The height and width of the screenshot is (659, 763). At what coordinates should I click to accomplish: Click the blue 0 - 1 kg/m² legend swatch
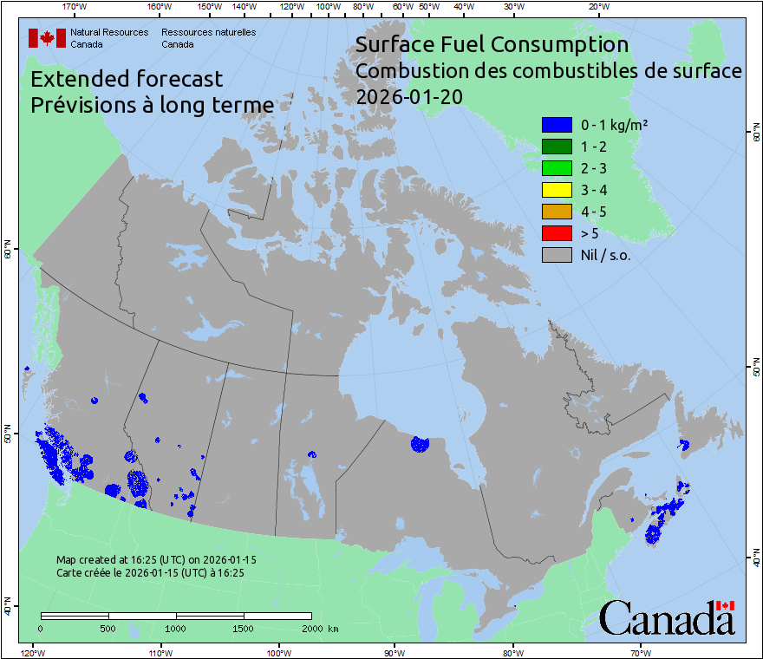pyautogui.click(x=556, y=125)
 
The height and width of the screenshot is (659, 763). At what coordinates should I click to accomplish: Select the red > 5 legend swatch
pyautogui.click(x=556, y=233)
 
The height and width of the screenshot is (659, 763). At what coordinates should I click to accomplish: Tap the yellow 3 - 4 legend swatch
pyautogui.click(x=556, y=190)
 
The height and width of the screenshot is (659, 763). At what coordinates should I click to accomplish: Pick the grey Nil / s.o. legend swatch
pyautogui.click(x=556, y=255)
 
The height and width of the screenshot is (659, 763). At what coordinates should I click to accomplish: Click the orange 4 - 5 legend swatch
pyautogui.click(x=556, y=212)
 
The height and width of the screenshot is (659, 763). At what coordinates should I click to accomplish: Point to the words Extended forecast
pyautogui.click(x=127, y=79)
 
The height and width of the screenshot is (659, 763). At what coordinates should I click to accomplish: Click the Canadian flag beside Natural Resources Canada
pyautogui.click(x=47, y=37)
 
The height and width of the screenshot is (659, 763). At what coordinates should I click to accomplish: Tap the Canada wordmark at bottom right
pyautogui.click(x=667, y=617)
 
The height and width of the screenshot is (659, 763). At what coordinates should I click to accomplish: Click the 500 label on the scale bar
pyautogui.click(x=108, y=627)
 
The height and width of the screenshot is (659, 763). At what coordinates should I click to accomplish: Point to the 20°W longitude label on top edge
pyautogui.click(x=597, y=7)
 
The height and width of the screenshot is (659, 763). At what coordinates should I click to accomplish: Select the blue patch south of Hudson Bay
pyautogui.click(x=420, y=445)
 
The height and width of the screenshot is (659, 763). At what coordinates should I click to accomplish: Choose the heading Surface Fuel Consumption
pyautogui.click(x=492, y=44)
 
